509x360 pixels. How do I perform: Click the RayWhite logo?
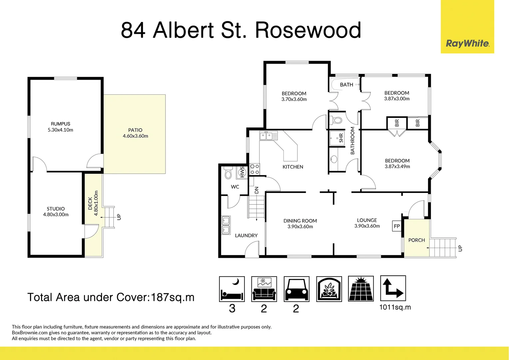467,43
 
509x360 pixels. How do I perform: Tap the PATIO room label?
135,130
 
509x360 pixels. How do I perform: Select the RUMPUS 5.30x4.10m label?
60,127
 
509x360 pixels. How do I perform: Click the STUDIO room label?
56,209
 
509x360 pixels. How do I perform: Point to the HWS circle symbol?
242,172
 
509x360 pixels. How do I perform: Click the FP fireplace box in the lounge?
397,226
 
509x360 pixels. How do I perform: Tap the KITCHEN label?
293,167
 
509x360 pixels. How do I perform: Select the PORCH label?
416,240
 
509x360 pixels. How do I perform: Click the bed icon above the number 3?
232,289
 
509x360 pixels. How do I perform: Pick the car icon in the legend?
296,289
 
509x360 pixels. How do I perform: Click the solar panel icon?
361,289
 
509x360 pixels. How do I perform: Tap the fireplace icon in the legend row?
329,289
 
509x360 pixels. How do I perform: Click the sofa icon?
264,289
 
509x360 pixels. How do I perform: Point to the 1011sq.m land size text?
395,307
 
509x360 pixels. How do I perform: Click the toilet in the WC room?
228,173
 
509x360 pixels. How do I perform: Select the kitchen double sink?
268,136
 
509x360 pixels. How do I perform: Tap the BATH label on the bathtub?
346,85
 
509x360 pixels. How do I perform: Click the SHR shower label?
341,138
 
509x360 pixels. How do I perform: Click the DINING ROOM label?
300,221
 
